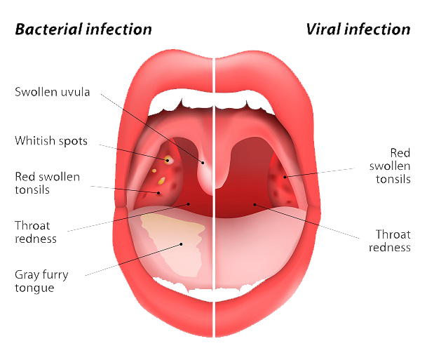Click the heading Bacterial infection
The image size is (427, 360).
83,29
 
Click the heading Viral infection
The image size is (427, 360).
358,29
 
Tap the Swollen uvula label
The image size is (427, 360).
53,92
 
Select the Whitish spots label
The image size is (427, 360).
51,141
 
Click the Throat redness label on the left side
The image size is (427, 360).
36,232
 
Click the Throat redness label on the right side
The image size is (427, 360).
393,241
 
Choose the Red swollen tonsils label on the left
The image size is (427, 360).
48,182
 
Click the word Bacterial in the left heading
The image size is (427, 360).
48,29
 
